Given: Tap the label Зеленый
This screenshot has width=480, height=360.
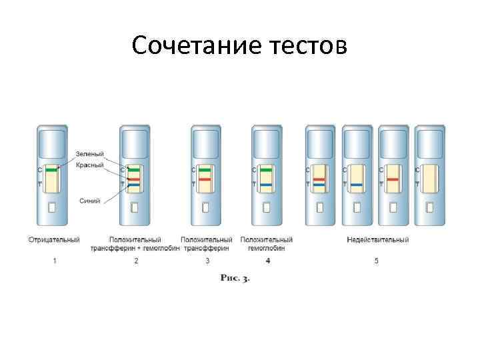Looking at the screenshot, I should coord(89,155).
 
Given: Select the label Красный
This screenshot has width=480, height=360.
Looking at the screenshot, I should coord(89,164).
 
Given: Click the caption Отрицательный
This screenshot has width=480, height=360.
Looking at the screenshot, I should coord(55,239).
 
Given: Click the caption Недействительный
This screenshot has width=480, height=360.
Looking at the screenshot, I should coord(377,239).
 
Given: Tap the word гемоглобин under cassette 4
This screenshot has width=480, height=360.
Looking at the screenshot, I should coord(267,247).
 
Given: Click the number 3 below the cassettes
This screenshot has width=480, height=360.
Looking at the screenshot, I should coord(207,261).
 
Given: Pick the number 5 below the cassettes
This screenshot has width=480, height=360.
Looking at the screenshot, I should coord(377,261).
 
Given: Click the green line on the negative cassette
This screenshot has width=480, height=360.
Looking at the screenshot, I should coord(51,170).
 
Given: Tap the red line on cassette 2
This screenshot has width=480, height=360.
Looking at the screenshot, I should coord(134,179).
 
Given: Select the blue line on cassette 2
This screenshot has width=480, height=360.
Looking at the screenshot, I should coord(134,185).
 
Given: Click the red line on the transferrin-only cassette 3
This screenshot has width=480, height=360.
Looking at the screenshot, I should coord(205,179).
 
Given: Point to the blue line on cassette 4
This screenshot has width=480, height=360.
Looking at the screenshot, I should coord(267,185).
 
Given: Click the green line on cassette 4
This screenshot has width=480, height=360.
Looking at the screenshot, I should coord(267,170).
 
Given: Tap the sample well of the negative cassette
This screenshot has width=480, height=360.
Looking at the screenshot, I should coord(52,207).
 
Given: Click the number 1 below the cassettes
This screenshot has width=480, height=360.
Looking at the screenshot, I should coord(55,261).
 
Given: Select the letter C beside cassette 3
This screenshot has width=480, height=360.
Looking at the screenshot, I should coord(193,170).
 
